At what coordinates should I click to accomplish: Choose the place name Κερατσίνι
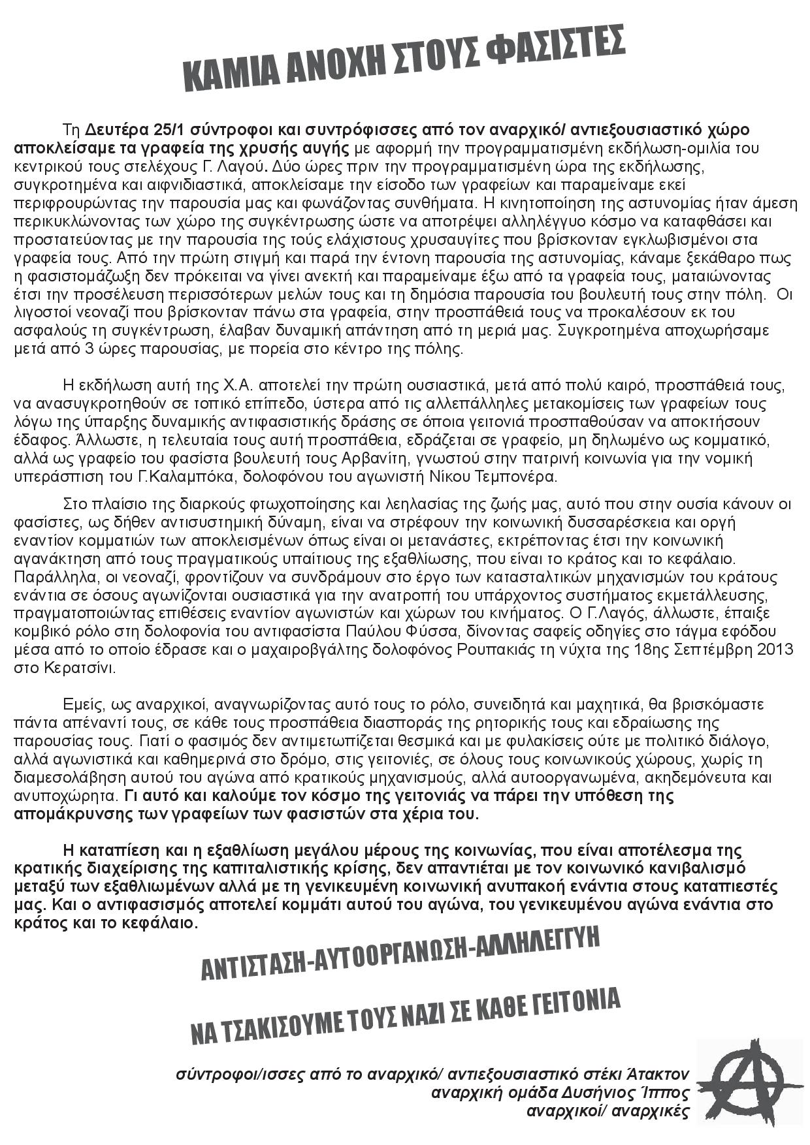tap(80, 668)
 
